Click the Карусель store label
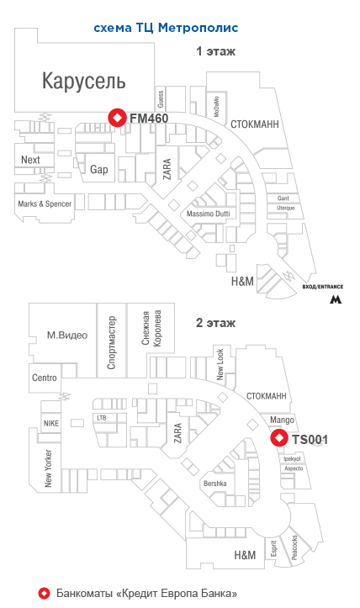pos(84,81)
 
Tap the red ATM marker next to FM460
pos(117,118)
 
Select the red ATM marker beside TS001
pos(279,438)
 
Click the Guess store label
pos(161,99)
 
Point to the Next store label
pos(30,160)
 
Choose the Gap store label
pos(99,169)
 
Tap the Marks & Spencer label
pos(45,204)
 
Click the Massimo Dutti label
pos(208,214)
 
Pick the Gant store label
pos(283,198)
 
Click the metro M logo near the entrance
pos(336,299)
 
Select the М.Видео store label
pos(67,335)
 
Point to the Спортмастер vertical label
pos(111,342)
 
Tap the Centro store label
pos(45,378)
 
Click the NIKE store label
pos(51,423)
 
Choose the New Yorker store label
pos(48,468)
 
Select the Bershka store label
pos(215,484)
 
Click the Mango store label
pos(282,420)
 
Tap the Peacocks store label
pos(294,547)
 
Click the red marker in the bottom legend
pos(45,593)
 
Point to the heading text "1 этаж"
pos(215,51)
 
